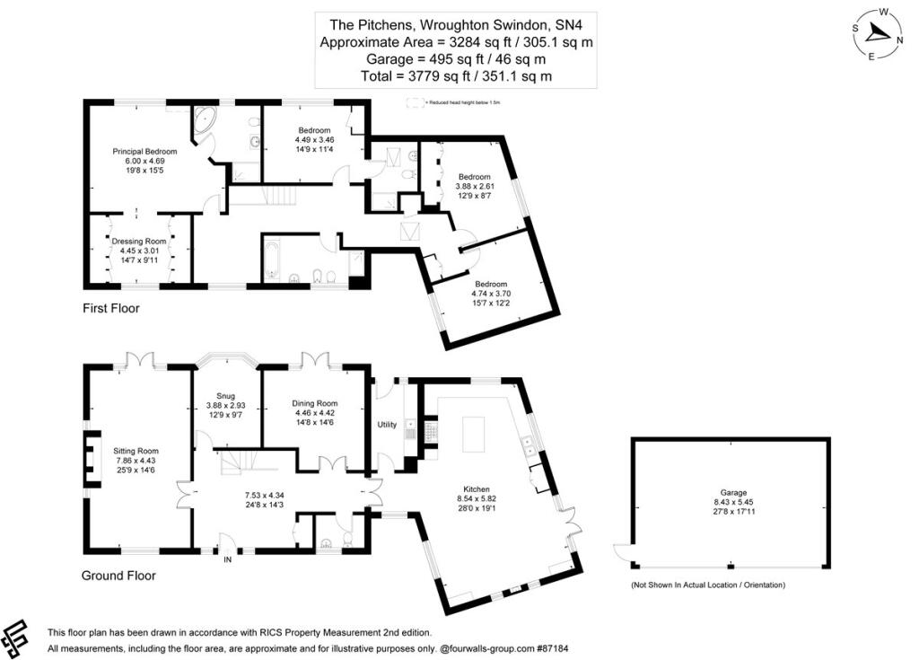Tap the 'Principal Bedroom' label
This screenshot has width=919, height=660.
[144, 152]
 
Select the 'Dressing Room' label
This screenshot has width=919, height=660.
[139, 242]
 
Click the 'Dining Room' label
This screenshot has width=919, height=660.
[314, 403]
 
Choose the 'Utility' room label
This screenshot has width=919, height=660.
[388, 423]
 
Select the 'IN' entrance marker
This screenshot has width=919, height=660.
[226, 559]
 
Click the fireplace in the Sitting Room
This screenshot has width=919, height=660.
[92, 458]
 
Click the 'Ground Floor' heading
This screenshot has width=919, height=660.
[118, 576]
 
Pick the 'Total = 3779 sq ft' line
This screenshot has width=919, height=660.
[456, 76]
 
